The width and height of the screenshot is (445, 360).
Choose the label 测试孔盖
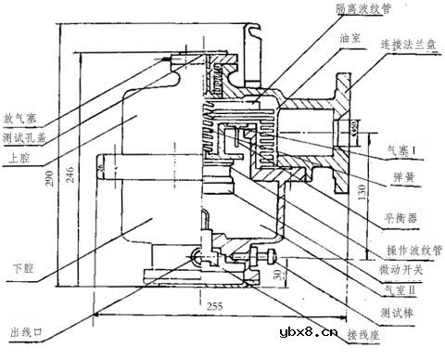point(24,137)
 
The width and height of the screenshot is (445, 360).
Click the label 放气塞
point(20,119)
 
